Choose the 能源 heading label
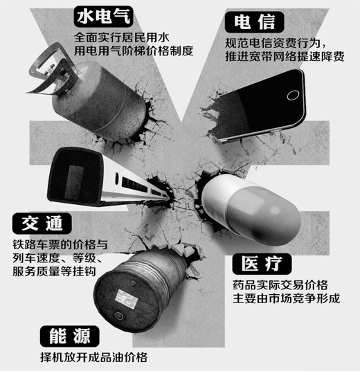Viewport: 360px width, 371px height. click(x=70, y=337)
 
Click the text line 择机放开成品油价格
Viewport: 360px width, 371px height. click(x=94, y=358)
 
